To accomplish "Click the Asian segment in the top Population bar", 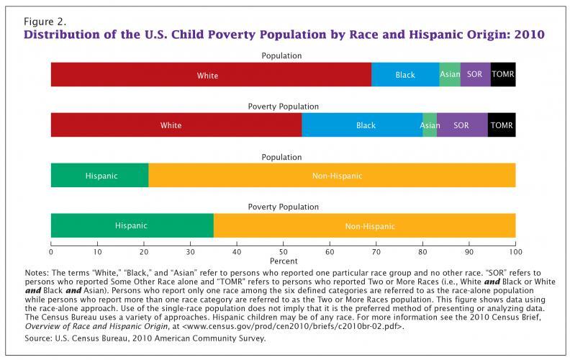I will [450, 75].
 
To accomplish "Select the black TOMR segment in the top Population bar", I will [503, 75].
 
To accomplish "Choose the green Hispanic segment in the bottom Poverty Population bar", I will [132, 225].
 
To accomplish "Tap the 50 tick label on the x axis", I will [283, 253].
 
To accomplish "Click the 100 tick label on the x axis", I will [515, 253].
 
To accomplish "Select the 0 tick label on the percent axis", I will [51, 253].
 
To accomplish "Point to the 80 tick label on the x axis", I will [422, 253].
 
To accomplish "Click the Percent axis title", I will [283, 261].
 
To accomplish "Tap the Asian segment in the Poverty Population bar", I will [430, 125].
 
